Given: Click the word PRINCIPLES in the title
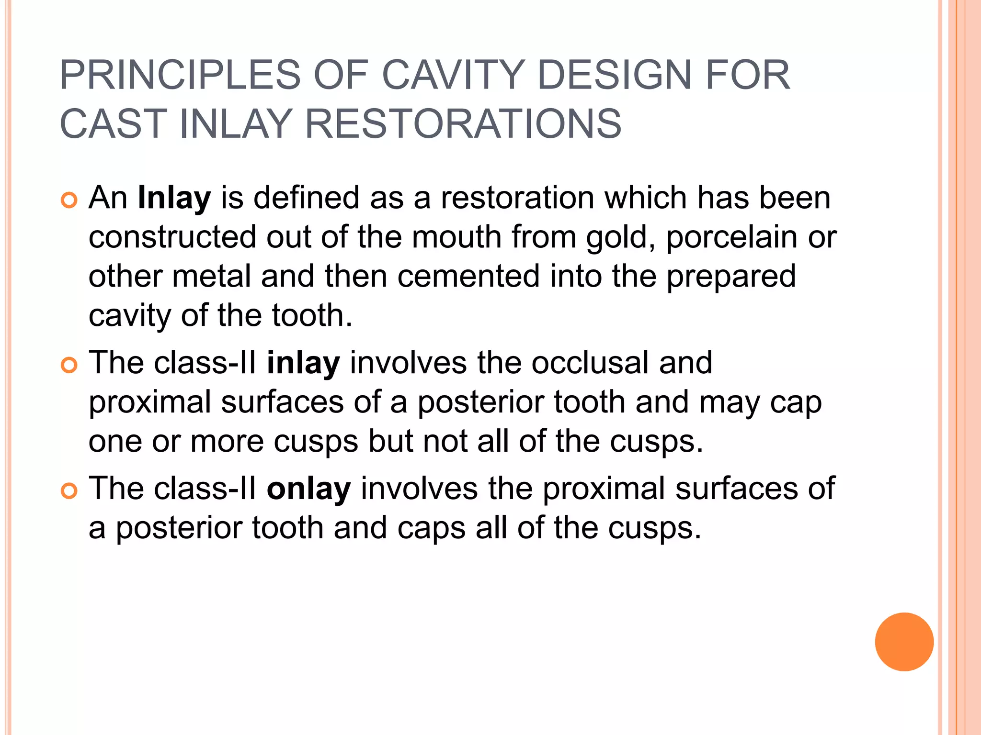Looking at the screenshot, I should point(180,75).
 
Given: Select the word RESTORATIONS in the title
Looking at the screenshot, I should point(463,124).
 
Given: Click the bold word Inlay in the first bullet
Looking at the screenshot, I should point(174,198).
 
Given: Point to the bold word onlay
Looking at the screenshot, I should point(309,489).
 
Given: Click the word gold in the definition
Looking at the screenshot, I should point(620,238).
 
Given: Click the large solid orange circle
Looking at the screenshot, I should point(904,642).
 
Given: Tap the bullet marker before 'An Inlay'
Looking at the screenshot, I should point(69,200).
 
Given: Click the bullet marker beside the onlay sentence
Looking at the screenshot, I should point(69,491).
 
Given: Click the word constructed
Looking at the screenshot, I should point(172,238).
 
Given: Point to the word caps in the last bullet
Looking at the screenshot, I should point(432,528).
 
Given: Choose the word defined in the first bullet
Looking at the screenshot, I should point(307,198).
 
